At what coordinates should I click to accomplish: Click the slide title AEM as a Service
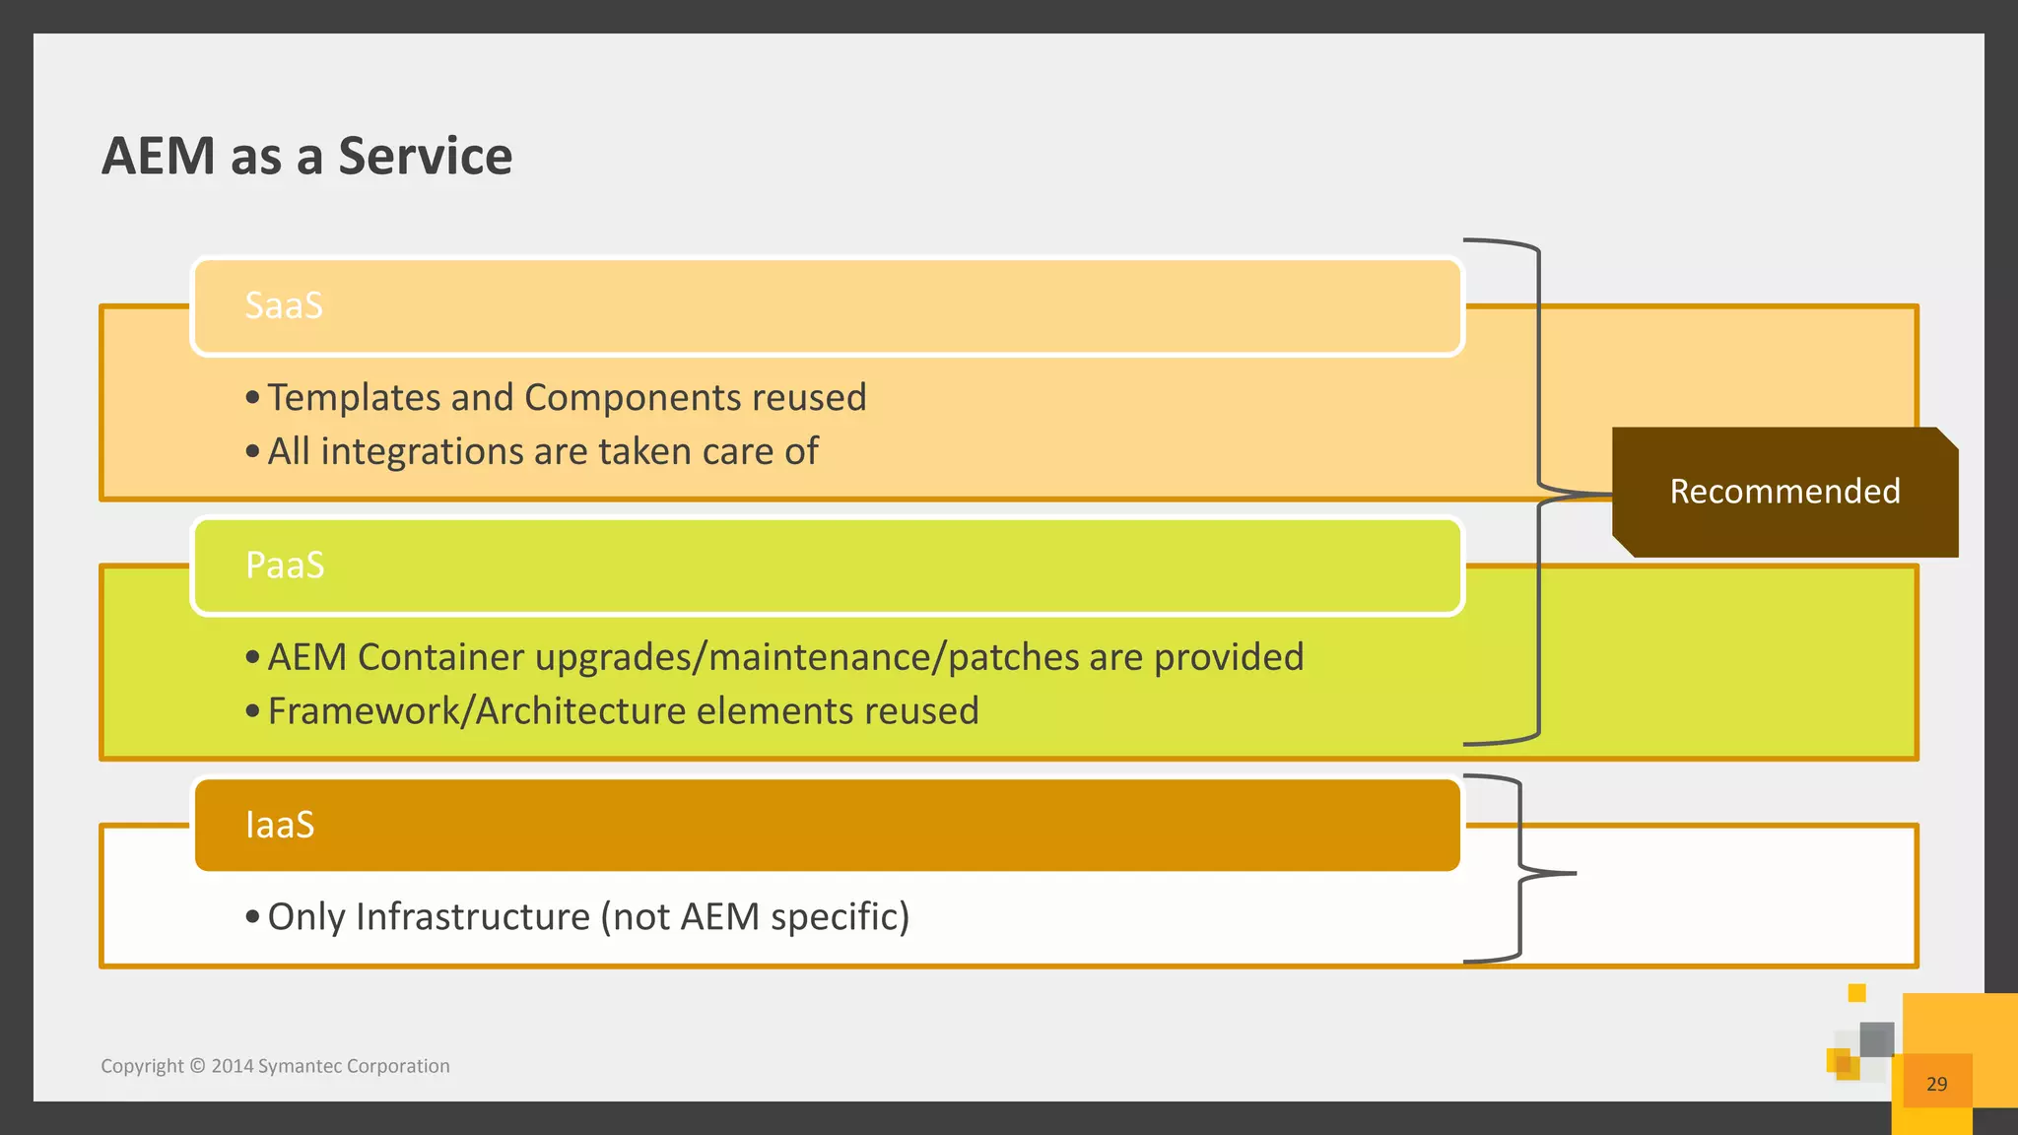(x=306, y=156)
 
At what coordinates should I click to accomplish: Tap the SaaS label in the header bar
(x=284, y=305)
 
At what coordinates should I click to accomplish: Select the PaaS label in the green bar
(x=285, y=566)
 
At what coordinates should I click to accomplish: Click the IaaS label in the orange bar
(x=280, y=825)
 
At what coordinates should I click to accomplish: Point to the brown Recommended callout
(x=1784, y=492)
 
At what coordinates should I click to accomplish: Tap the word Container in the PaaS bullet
(x=440, y=657)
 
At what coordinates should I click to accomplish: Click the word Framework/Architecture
(x=476, y=711)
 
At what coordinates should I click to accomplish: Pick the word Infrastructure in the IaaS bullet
(x=472, y=917)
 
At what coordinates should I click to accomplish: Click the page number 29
(x=1936, y=1084)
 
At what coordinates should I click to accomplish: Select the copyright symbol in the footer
(x=197, y=1066)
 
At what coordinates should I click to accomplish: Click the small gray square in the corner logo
(x=1876, y=1039)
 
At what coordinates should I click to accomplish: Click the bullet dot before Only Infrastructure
(x=253, y=917)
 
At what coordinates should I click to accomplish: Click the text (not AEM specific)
(x=754, y=917)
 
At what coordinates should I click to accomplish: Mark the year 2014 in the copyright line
(x=233, y=1066)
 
